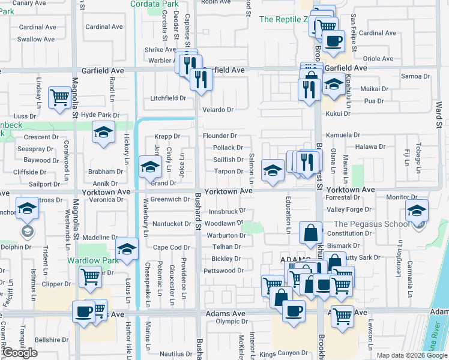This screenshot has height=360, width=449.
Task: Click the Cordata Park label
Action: (x=154, y=4)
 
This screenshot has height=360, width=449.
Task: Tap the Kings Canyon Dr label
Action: (x=284, y=353)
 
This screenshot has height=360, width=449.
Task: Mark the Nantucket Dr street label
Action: (x=171, y=224)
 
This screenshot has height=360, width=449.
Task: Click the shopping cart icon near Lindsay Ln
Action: (x=60, y=97)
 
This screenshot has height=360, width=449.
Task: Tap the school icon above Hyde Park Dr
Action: (x=104, y=132)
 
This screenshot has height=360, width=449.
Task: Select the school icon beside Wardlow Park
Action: (x=127, y=248)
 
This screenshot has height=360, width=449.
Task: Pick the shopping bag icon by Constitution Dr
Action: (x=310, y=234)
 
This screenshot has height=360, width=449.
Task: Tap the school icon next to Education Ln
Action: (x=273, y=170)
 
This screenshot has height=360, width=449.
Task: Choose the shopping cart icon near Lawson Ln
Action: (x=342, y=314)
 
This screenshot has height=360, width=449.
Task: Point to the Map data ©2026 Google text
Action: (x=411, y=355)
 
